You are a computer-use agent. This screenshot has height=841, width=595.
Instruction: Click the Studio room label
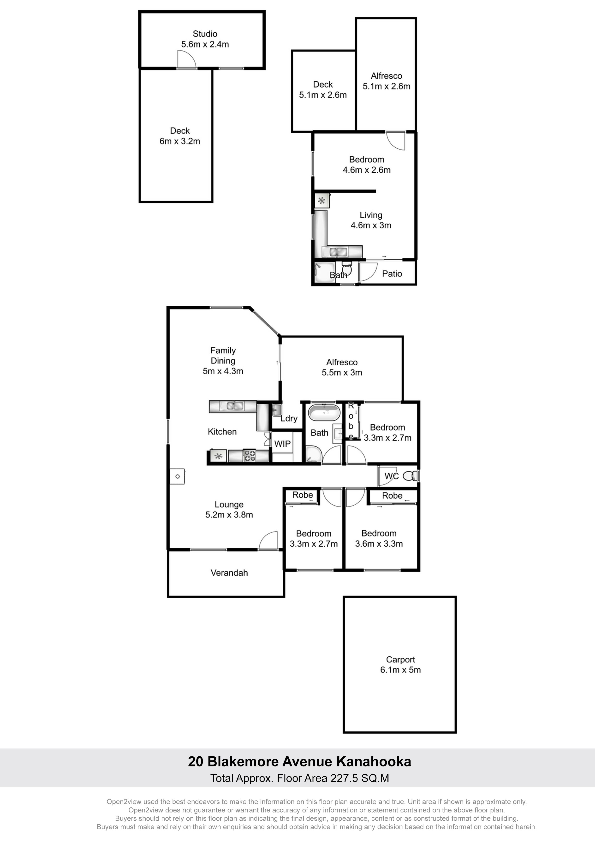point(205,34)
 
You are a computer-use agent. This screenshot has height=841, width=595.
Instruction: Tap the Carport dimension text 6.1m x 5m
point(400,670)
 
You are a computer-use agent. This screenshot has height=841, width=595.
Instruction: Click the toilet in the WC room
point(410,476)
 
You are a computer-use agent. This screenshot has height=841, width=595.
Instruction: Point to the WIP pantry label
point(282,444)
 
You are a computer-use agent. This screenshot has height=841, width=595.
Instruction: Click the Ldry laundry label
point(289,419)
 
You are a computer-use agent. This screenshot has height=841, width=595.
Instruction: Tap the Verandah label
point(229,573)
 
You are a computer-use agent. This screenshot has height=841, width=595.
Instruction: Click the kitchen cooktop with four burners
point(250,456)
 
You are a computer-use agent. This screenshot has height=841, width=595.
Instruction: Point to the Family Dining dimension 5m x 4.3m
point(223,371)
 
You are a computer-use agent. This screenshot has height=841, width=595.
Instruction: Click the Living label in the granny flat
point(371,215)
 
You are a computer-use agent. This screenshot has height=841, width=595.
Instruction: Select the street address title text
point(299,761)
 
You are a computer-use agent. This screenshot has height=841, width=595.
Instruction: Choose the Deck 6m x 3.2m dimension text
point(180,141)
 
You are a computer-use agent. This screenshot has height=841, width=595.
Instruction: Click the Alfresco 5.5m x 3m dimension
point(342,373)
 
